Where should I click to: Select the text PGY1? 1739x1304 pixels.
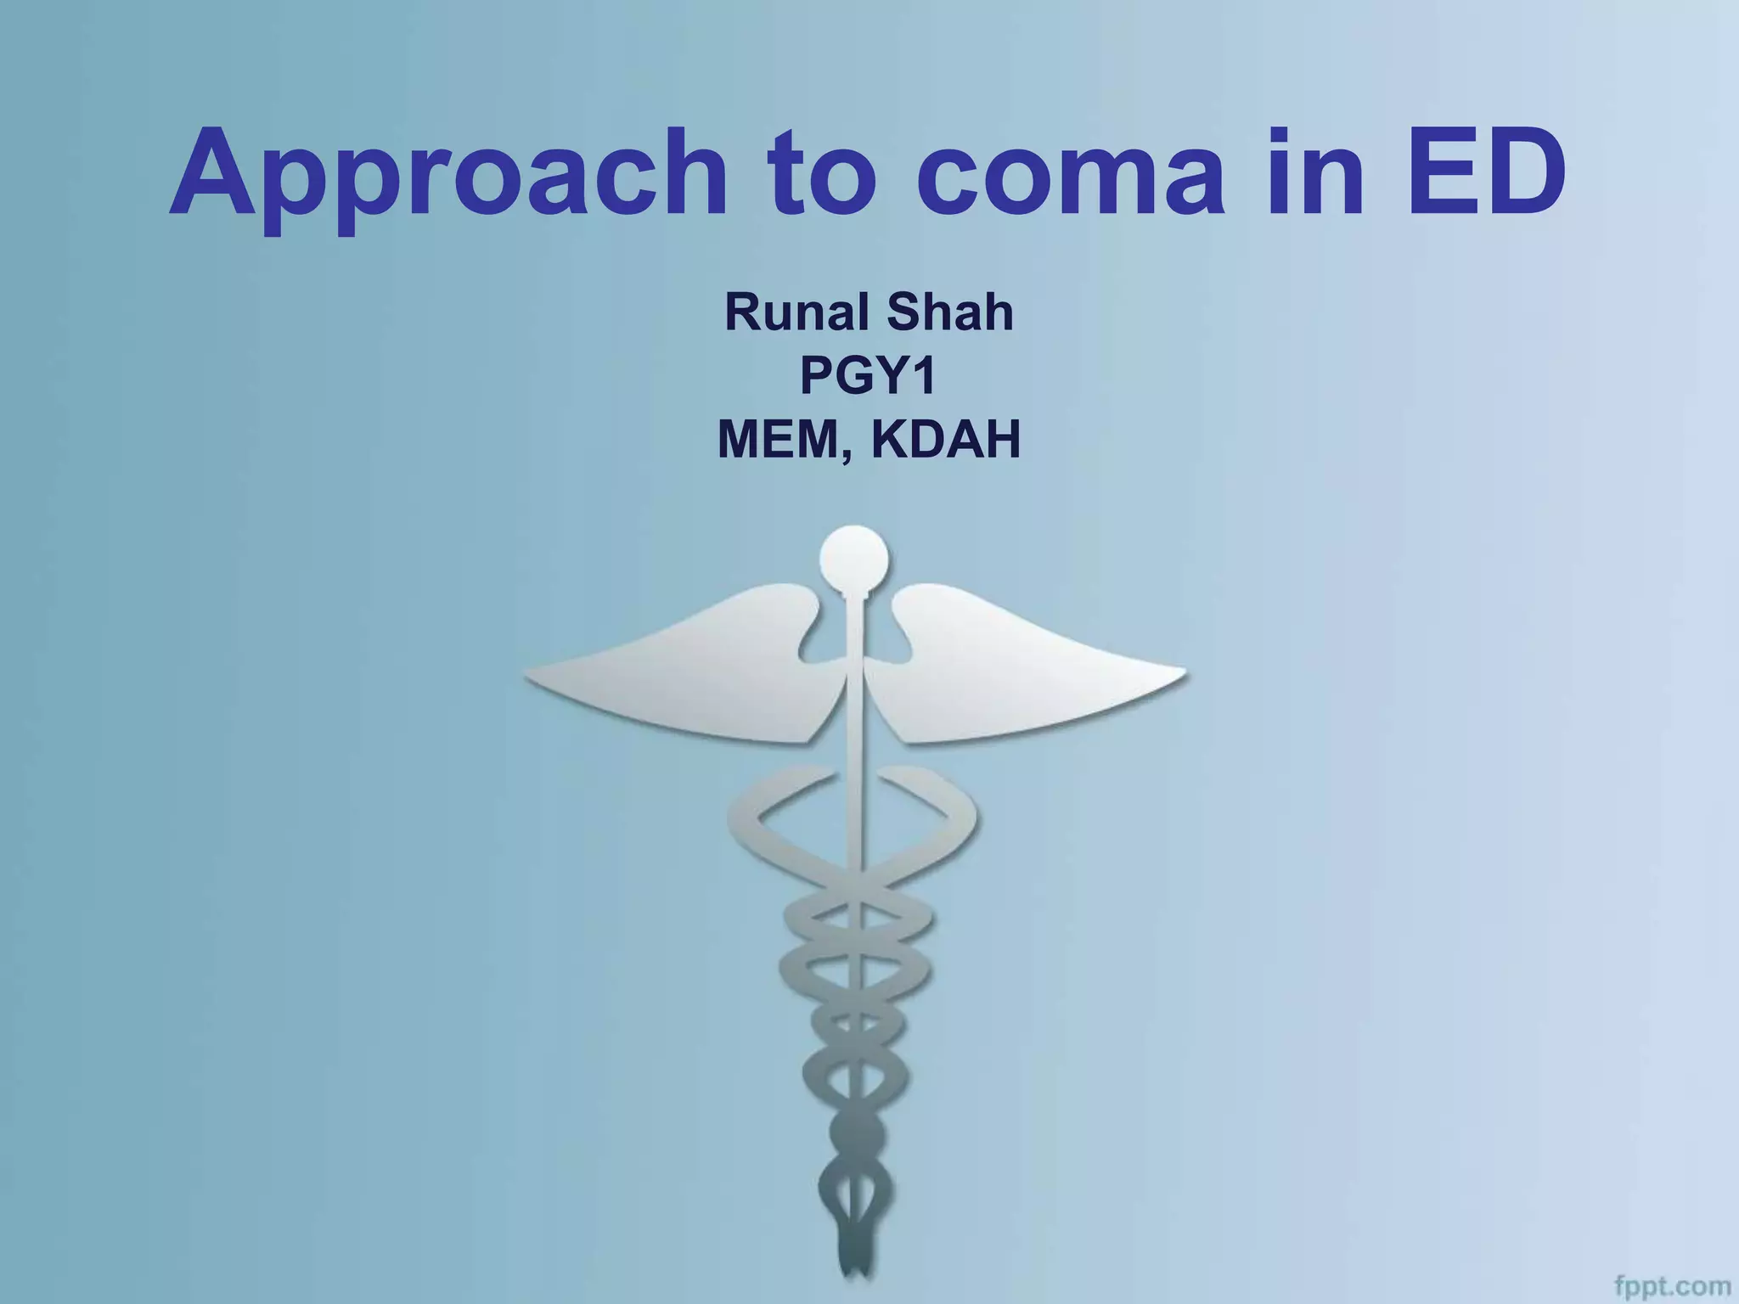868,376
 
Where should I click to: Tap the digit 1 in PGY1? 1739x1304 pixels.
924,376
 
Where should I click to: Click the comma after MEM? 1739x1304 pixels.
844,455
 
